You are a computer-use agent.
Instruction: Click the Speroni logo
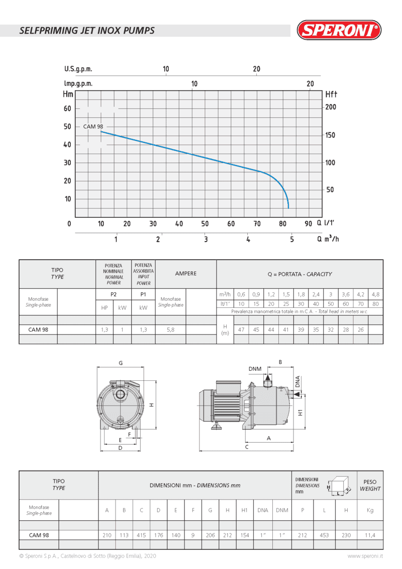[x=339, y=30]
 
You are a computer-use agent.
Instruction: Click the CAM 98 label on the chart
[x=93, y=127]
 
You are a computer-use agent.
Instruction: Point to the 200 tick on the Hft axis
[x=331, y=107]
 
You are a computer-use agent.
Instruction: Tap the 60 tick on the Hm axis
[x=67, y=108]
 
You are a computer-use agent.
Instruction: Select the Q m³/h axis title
[x=328, y=239]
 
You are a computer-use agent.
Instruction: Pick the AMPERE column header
[x=185, y=274]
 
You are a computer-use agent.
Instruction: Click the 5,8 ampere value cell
[x=170, y=330]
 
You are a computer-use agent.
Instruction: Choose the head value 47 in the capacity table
[x=241, y=330]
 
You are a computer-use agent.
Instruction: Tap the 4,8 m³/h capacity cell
[x=375, y=294]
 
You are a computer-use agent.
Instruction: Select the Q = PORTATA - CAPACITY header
[x=299, y=274]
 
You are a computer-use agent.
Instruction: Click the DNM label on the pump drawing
[x=255, y=369]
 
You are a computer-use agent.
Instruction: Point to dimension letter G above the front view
[x=121, y=363]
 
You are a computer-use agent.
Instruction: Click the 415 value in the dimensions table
[x=141, y=535]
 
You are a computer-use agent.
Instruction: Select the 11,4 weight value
[x=370, y=535]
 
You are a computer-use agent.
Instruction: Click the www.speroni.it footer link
[x=365, y=556]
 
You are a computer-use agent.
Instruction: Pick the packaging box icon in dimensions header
[x=340, y=485]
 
